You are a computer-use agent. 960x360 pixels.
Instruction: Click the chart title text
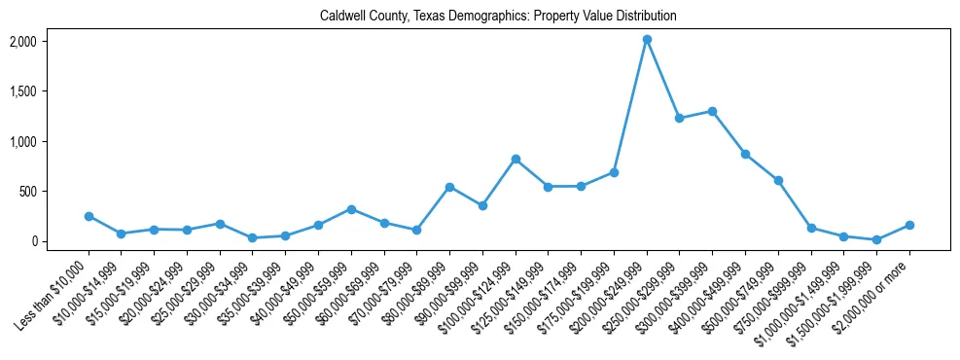pyautogui.click(x=497, y=17)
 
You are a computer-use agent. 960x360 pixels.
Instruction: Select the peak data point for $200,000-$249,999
pyautogui.click(x=647, y=40)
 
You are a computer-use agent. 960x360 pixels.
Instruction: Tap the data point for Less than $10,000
pyautogui.click(x=89, y=216)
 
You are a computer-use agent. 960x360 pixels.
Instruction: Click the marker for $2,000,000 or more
pyautogui.click(x=909, y=225)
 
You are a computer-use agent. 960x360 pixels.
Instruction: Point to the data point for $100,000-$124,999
pyautogui.click(x=516, y=159)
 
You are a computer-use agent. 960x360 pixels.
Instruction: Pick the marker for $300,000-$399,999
pyautogui.click(x=712, y=111)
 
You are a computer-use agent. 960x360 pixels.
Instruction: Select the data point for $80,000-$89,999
pyautogui.click(x=449, y=187)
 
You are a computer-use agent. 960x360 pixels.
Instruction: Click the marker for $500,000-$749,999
pyautogui.click(x=778, y=180)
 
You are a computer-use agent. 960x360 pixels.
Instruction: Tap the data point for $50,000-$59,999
pyautogui.click(x=351, y=209)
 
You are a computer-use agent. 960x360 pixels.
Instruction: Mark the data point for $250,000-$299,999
pyautogui.click(x=680, y=118)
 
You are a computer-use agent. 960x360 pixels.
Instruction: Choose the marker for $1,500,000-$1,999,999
pyautogui.click(x=876, y=239)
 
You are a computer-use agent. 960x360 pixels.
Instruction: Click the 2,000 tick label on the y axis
pyautogui.click(x=50, y=42)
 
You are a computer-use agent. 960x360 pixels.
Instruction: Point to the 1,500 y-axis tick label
pyautogui.click(x=50, y=91)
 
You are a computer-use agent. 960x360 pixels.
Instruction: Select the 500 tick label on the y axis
pyautogui.click(x=55, y=192)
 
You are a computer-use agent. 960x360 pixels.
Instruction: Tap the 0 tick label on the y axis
pyautogui.click(x=61, y=241)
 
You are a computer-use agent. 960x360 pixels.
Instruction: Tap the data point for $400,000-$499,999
pyautogui.click(x=745, y=154)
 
